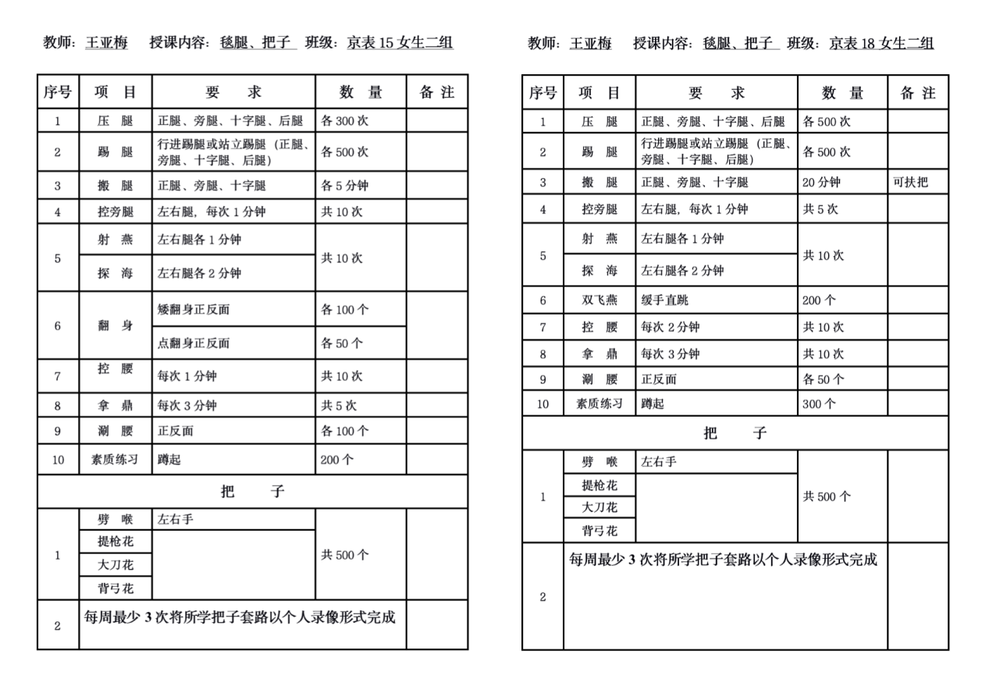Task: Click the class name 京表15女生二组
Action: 400,43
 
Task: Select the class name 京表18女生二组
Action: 881,43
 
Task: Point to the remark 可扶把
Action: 910,183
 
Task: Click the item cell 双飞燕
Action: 599,300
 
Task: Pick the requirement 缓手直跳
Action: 665,300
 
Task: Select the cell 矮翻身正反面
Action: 194,309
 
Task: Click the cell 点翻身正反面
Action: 194,343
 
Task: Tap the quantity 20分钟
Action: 821,183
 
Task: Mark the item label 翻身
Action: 115,325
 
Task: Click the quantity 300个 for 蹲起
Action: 819,404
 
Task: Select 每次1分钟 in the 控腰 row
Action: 187,376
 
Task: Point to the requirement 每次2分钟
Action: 670,327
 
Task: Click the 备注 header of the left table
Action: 436,92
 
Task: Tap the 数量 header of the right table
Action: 842,94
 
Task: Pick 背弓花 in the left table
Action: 115,589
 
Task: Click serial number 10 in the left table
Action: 58,460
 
